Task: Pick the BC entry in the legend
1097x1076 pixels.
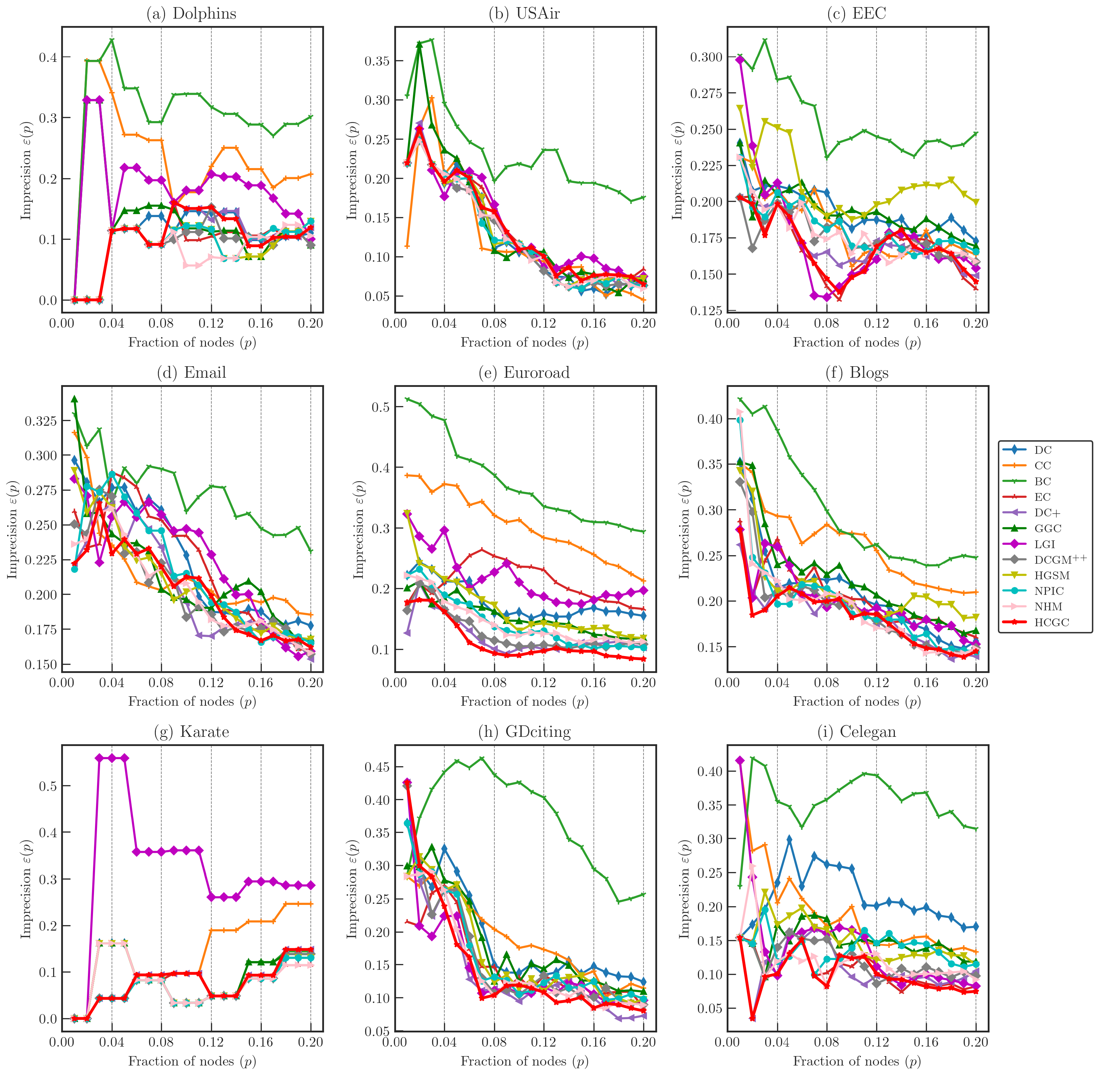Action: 1043,482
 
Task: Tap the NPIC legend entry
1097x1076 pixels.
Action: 1046,591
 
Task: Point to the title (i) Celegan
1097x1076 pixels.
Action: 857,732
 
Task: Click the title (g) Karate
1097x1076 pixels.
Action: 192,732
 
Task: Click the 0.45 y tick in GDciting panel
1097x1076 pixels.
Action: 377,767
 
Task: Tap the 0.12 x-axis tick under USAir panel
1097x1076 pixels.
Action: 544,323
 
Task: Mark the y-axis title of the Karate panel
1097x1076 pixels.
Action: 26,887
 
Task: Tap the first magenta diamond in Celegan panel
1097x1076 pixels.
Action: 740,760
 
